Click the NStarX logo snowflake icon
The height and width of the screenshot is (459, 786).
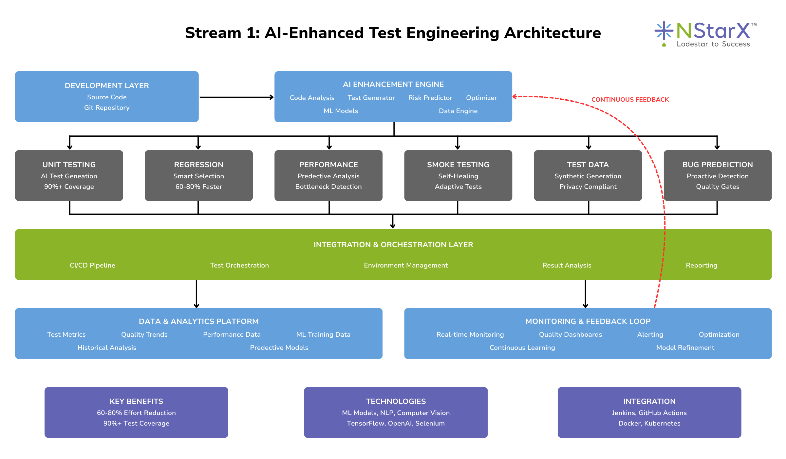(x=664, y=31)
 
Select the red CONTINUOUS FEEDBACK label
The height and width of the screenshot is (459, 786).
(x=630, y=99)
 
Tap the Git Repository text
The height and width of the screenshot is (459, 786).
(x=107, y=108)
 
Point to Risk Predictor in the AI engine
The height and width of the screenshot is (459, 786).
(x=430, y=98)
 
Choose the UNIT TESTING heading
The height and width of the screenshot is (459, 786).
(x=69, y=165)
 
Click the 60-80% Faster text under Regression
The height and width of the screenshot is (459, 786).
(x=198, y=187)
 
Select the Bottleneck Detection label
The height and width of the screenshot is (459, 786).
(x=328, y=187)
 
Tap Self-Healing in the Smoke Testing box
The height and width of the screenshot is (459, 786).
(x=458, y=176)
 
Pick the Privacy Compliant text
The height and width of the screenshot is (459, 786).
(x=588, y=187)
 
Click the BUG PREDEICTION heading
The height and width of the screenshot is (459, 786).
(x=717, y=165)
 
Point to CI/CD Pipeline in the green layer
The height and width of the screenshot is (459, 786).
(x=92, y=265)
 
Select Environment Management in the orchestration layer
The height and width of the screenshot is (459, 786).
(x=405, y=265)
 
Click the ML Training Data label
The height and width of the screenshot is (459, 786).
(x=323, y=334)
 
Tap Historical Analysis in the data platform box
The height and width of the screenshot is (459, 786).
(x=107, y=348)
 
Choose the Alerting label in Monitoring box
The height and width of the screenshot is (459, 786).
(x=650, y=334)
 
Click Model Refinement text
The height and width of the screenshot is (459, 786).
(x=685, y=348)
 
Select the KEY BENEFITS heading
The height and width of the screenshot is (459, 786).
(x=136, y=401)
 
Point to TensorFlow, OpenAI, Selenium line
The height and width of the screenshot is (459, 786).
(x=396, y=423)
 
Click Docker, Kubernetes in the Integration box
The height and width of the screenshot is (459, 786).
(x=649, y=423)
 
